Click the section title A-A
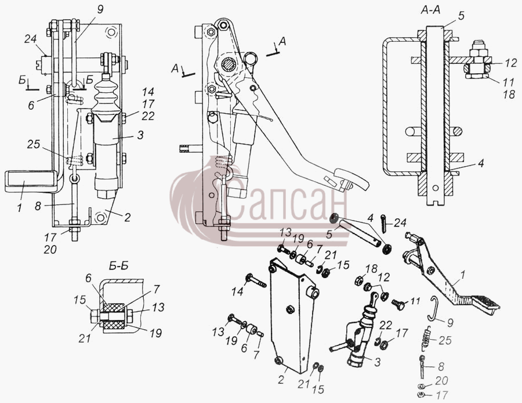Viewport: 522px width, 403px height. click(x=430, y=10)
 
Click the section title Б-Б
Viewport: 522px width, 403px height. click(x=119, y=266)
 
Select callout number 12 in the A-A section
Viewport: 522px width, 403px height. click(x=510, y=63)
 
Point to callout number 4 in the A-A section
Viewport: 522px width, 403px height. click(x=480, y=163)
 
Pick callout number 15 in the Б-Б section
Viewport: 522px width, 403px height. click(x=79, y=300)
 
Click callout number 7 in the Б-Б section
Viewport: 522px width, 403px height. click(x=157, y=289)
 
